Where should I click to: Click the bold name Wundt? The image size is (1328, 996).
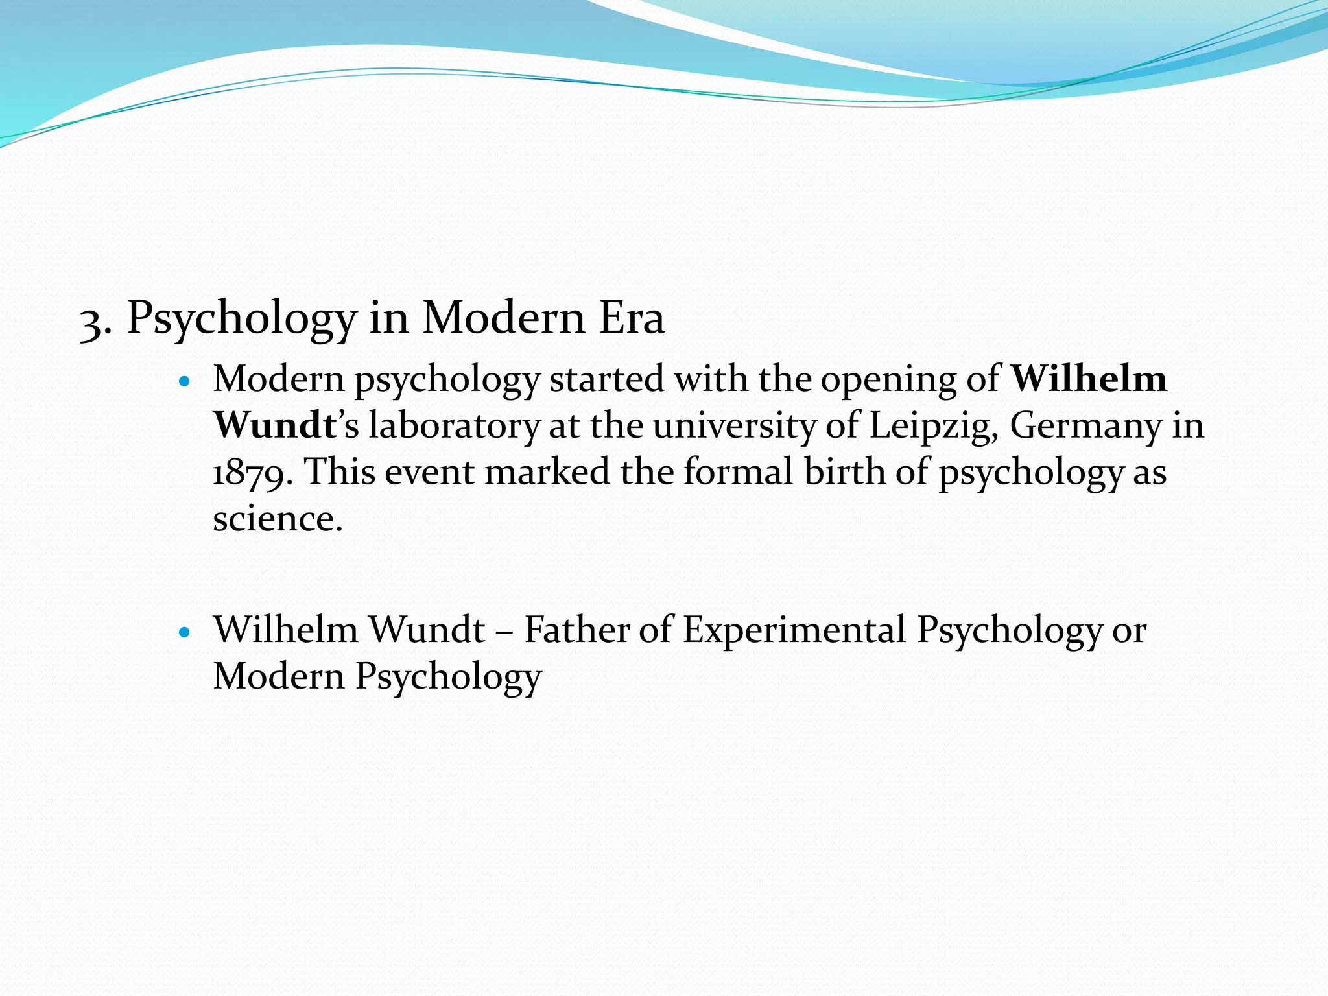tap(274, 426)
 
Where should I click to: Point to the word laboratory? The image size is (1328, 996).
tap(454, 426)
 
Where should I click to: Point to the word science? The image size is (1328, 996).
tap(277, 519)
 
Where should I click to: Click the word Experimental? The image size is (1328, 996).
tap(794, 631)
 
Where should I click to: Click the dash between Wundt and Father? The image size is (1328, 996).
tap(504, 631)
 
